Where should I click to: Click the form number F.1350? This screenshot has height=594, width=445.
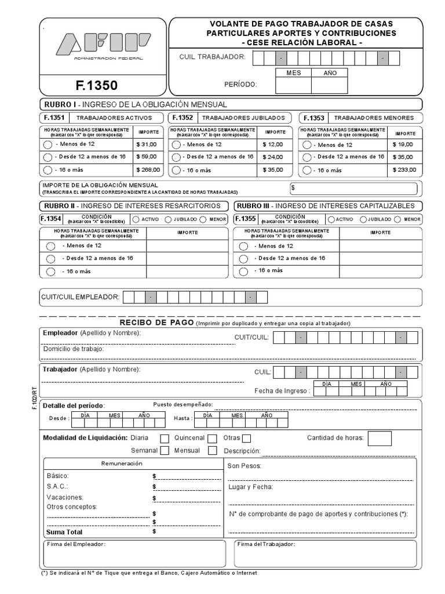[x=96, y=86]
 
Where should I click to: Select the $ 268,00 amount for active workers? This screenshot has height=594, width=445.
[x=148, y=170]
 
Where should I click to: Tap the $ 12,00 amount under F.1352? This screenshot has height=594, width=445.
[x=273, y=144]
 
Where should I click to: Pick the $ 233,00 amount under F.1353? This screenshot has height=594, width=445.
[x=404, y=170]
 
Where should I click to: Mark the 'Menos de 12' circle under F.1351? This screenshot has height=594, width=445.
[x=48, y=144]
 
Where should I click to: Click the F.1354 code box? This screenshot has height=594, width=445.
[x=50, y=219]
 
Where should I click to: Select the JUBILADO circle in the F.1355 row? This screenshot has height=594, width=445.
[x=363, y=219]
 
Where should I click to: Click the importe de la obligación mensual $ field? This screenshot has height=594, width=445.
[x=353, y=189]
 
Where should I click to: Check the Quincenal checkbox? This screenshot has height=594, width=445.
[x=212, y=439]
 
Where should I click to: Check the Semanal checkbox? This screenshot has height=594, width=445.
[x=165, y=451]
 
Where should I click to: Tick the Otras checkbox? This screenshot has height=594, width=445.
[x=247, y=439]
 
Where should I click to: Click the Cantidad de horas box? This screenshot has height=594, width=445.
[x=380, y=439]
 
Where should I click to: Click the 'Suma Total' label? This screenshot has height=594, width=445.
[x=65, y=531]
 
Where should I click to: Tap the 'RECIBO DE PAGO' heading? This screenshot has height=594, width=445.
[x=156, y=323]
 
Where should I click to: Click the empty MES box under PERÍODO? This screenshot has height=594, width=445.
[x=293, y=86]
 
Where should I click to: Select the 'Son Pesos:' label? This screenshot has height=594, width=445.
[x=245, y=466]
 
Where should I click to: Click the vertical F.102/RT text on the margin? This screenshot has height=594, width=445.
[x=34, y=400]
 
